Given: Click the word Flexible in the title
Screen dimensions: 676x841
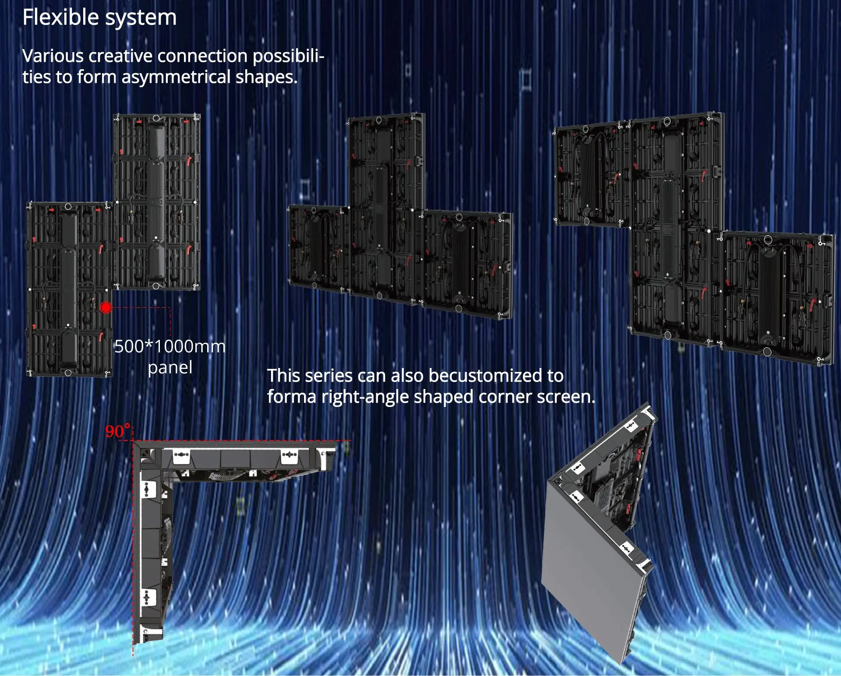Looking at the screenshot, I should click(x=60, y=18).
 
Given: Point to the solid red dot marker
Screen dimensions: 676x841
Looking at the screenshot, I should click(x=106, y=308).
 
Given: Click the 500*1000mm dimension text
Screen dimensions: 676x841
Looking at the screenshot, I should click(x=170, y=347).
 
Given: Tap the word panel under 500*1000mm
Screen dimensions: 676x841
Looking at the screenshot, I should click(x=170, y=368).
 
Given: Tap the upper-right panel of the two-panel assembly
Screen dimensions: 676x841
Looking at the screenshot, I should click(x=156, y=202).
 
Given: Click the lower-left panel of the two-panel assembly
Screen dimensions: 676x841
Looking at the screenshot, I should click(x=69, y=289).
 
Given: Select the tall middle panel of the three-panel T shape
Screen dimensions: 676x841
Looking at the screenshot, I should click(x=385, y=206).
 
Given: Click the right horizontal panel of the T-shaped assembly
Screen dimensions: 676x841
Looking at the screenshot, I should click(x=466, y=263).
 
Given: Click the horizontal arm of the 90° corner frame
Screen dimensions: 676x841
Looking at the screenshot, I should click(x=245, y=460).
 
